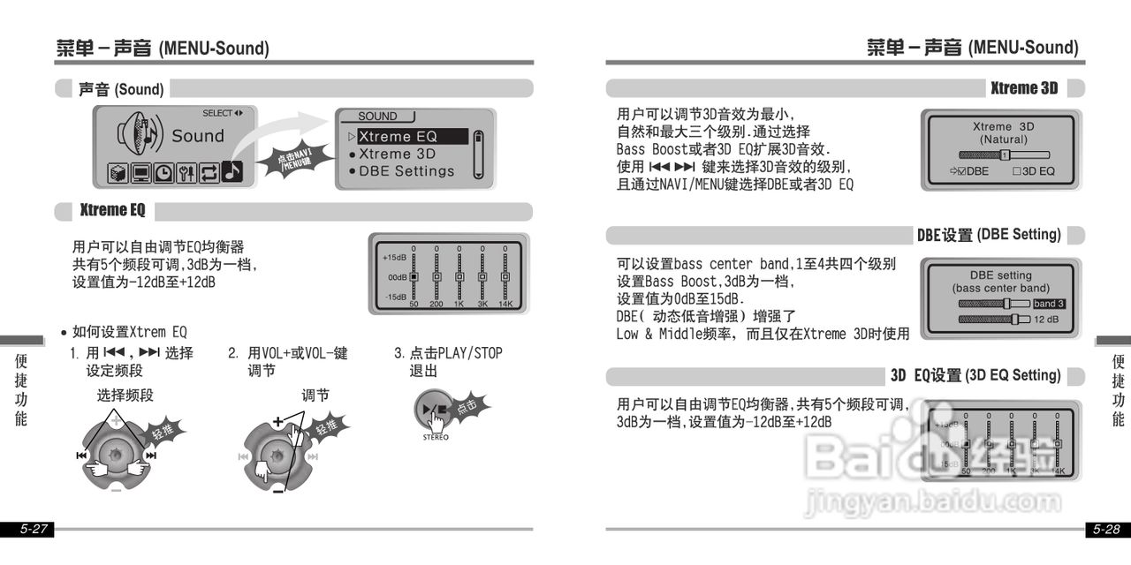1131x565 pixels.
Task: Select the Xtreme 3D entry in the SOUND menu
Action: click(398, 154)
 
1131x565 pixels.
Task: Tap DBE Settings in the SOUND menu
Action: click(406, 171)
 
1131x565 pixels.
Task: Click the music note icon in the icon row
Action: click(232, 172)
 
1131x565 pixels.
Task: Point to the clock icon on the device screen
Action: click(163, 173)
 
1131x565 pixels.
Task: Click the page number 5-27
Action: click(34, 530)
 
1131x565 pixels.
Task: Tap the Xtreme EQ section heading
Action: click(112, 211)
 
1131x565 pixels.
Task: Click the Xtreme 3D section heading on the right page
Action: click(1024, 88)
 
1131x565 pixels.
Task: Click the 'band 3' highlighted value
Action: click(1049, 304)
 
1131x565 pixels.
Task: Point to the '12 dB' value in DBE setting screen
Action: click(1046, 319)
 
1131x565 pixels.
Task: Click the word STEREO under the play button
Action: click(436, 437)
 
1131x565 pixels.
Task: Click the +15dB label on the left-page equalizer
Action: click(394, 258)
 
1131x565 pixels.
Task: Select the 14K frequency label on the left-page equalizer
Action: click(505, 304)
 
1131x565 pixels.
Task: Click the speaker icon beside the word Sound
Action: click(141, 135)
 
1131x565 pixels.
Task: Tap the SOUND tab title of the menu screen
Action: click(378, 117)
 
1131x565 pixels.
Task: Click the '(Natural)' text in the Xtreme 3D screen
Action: click(1003, 139)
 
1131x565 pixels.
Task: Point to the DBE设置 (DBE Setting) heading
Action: click(988, 235)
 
